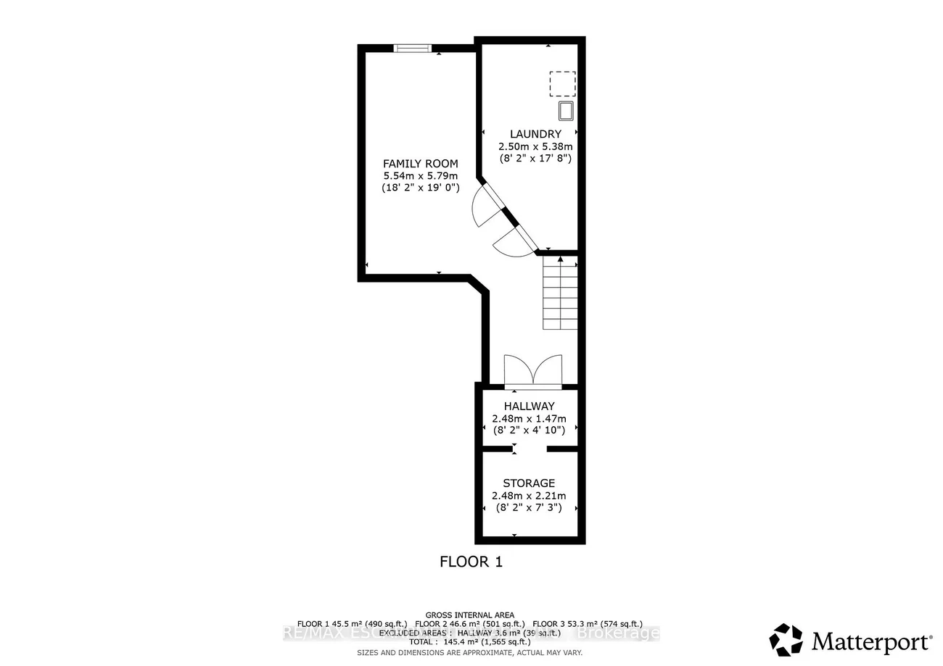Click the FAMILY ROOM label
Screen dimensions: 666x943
(421, 163)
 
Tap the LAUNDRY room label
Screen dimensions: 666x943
(535, 134)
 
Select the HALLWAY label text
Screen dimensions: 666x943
(529, 407)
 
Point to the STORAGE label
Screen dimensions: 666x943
(529, 483)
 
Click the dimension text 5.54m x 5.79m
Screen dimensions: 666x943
(421, 175)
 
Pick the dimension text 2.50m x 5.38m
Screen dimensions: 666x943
(535, 146)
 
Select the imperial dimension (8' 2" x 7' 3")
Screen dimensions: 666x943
(529, 508)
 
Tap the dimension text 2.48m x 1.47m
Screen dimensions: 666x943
(529, 419)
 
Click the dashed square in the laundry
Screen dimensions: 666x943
(562, 84)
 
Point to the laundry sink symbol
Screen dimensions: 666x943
(565, 111)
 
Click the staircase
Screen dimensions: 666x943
(561, 293)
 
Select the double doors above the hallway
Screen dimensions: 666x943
(533, 370)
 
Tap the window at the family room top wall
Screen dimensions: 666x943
(413, 49)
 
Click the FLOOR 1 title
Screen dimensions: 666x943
(471, 562)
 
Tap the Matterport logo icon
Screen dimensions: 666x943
(786, 640)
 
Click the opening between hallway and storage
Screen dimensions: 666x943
(530, 449)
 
